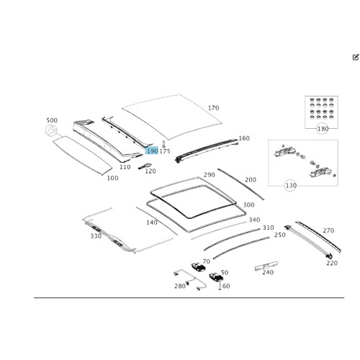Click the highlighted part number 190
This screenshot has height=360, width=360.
[x=152, y=150]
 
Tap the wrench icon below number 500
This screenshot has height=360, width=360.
[x=51, y=130]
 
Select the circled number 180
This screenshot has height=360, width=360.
[x=323, y=129]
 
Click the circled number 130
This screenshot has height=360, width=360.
[x=291, y=186]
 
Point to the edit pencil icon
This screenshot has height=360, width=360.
[x=356, y=57]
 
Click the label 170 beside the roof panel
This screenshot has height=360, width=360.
[x=213, y=108]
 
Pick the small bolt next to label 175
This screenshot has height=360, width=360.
[x=163, y=144]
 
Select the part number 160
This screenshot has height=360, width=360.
[x=244, y=138]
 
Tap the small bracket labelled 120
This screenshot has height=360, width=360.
[x=145, y=166]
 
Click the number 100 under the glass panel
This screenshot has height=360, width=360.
[x=112, y=178]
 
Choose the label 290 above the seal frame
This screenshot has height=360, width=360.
[x=209, y=175]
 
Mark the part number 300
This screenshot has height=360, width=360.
[x=248, y=204]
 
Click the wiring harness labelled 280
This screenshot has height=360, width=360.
[x=190, y=279]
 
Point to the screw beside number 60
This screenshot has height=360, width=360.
[x=220, y=287]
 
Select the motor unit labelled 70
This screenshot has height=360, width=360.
[x=198, y=267]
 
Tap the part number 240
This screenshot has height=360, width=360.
[x=268, y=272]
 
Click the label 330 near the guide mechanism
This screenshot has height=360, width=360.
[x=96, y=236]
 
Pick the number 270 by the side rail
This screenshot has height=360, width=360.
[x=328, y=230]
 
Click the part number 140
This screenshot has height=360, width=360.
[x=152, y=222]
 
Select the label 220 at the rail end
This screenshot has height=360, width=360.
[x=332, y=263]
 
